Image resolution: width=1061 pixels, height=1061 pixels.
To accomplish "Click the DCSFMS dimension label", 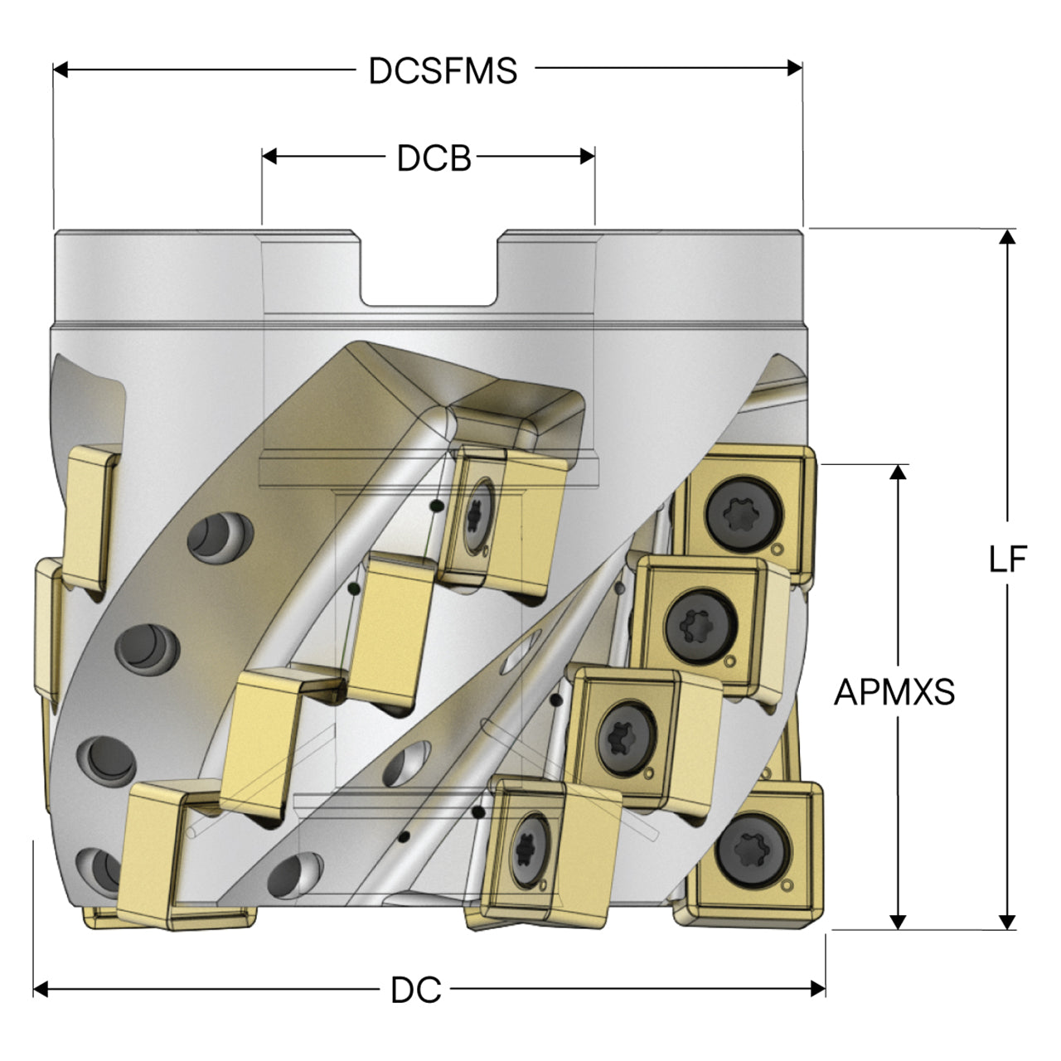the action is (x=443, y=70).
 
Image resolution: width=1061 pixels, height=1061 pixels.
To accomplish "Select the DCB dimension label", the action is (x=434, y=158).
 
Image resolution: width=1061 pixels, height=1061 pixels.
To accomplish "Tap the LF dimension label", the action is (x=1008, y=560).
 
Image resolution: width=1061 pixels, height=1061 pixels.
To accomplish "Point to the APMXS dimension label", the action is (x=894, y=691).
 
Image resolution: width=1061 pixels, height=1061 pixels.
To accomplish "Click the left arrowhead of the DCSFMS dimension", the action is (x=61, y=70).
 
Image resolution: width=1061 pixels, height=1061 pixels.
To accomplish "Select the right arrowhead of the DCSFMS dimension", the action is (x=795, y=68).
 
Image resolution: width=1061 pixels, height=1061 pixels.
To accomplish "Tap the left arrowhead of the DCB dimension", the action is (x=269, y=157).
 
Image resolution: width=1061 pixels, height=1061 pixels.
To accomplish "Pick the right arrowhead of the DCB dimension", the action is (x=588, y=157).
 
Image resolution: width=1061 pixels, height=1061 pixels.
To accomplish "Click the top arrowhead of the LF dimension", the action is (x=1007, y=237).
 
